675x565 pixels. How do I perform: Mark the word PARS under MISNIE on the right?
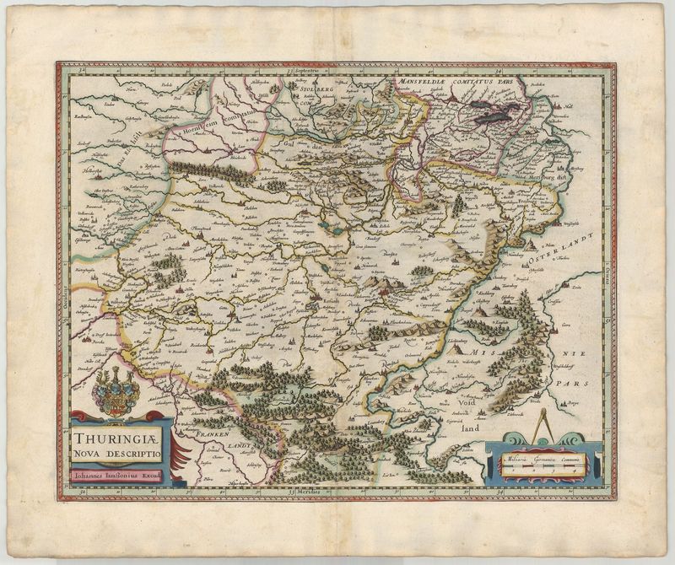577,383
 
